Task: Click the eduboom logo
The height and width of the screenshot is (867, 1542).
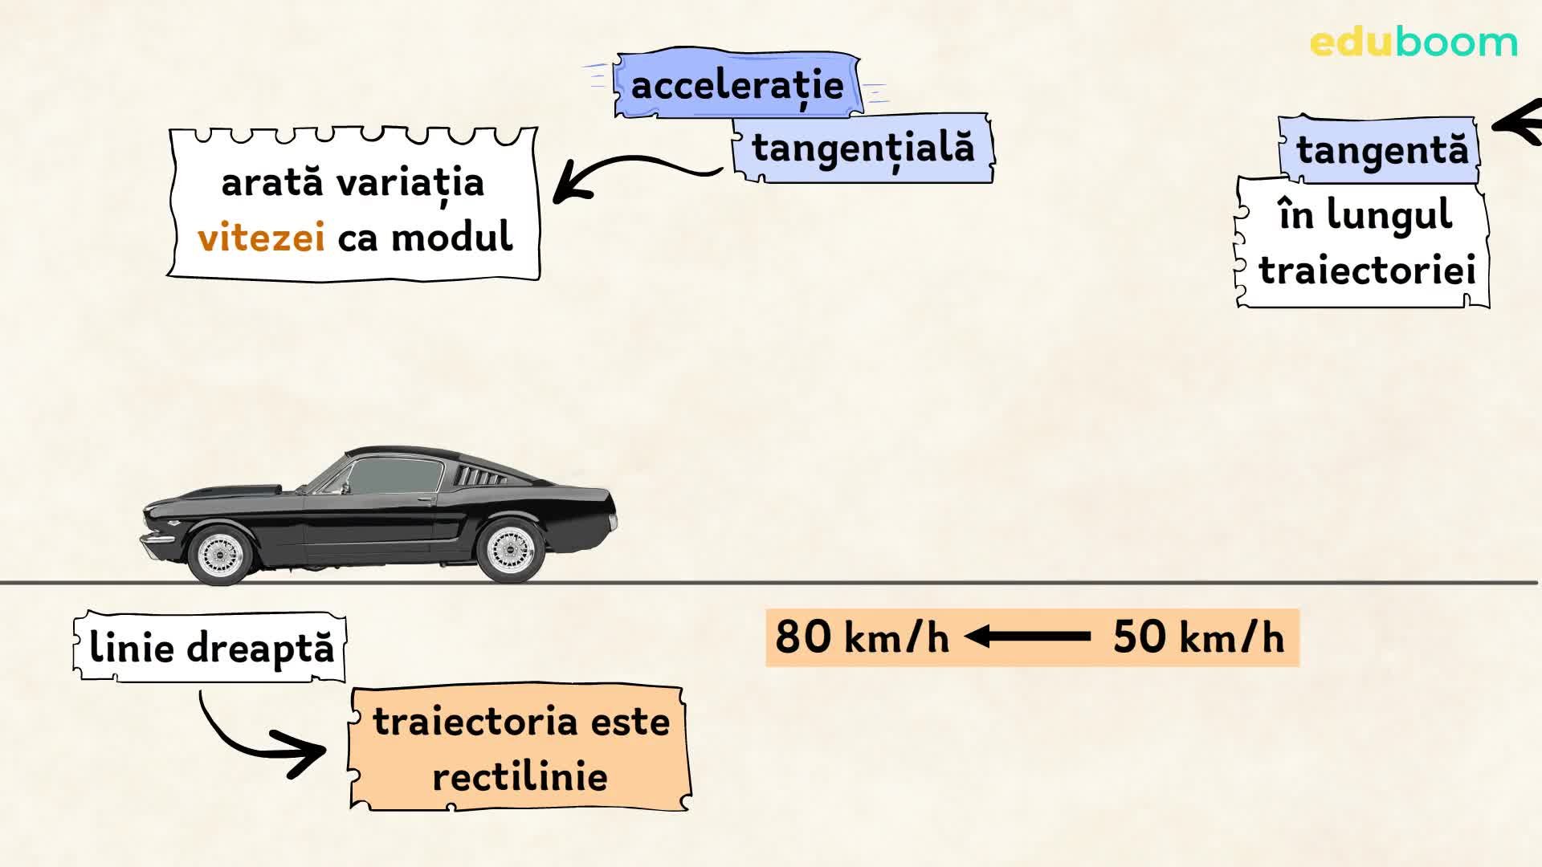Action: pos(1413,43)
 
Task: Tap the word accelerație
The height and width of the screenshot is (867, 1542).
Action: pos(736,85)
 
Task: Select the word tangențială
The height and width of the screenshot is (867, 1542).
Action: pos(863,149)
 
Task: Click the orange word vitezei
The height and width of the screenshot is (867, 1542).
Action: pos(261,238)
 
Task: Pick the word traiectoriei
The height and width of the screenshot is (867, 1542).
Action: pos(1367,271)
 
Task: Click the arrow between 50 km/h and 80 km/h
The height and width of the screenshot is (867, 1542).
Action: pos(1028,637)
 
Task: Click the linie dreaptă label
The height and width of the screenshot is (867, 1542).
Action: pos(210,648)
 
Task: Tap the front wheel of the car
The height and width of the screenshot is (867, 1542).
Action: pos(218,553)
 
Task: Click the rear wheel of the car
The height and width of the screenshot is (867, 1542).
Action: pos(508,550)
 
